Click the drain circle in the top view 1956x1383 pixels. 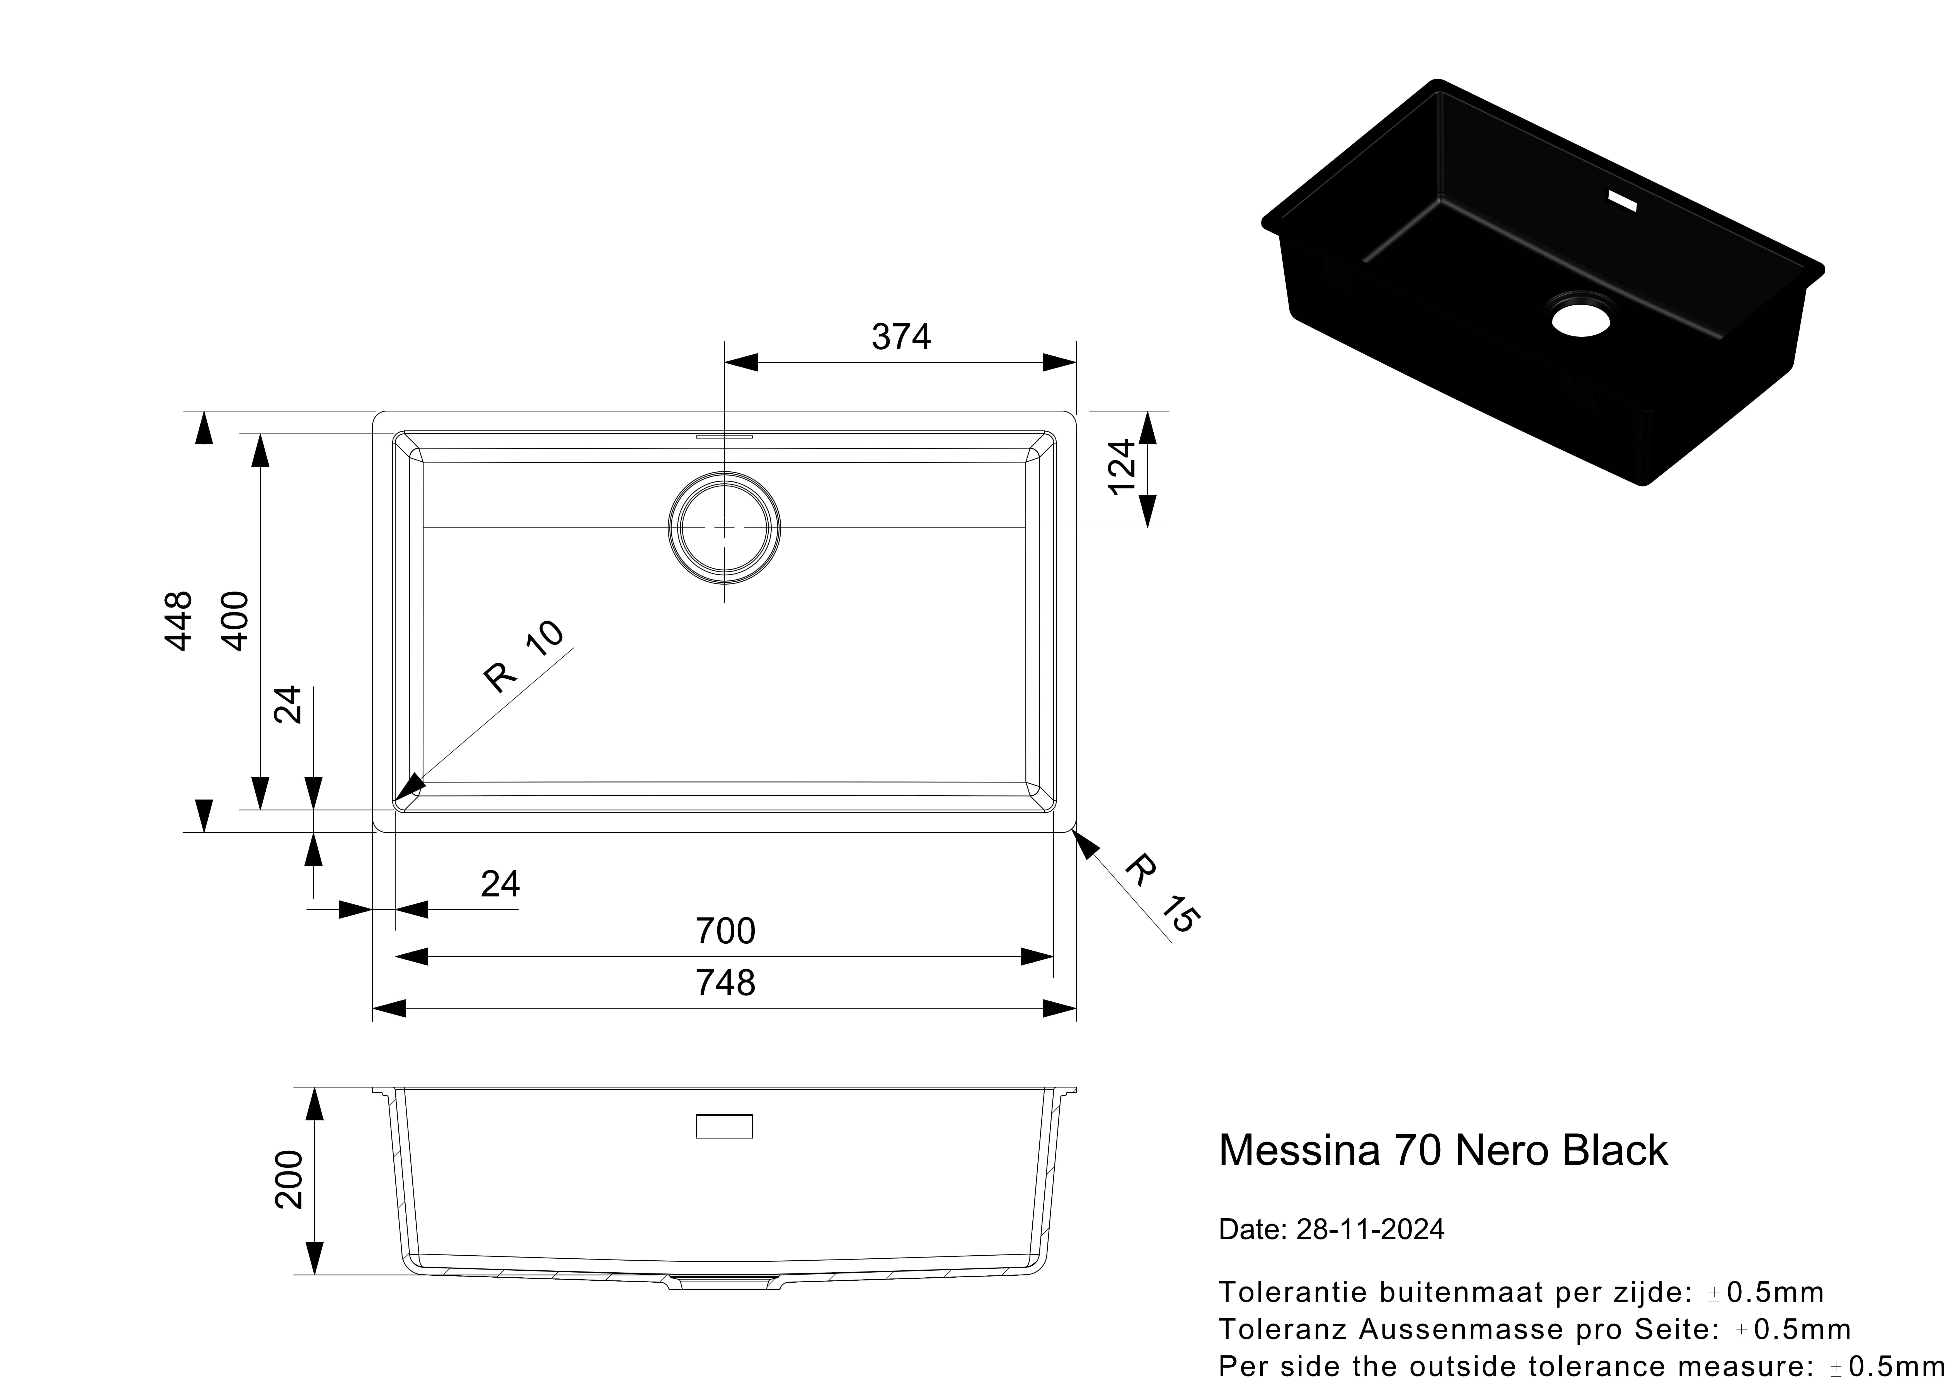click(x=724, y=528)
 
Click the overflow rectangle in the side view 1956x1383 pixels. click(x=724, y=1126)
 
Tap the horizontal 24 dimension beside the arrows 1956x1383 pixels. click(x=500, y=885)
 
